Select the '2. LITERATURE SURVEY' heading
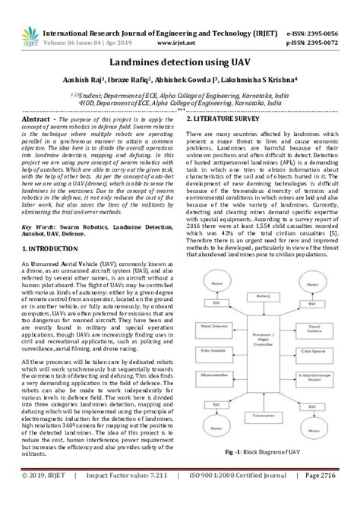(231, 120)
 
